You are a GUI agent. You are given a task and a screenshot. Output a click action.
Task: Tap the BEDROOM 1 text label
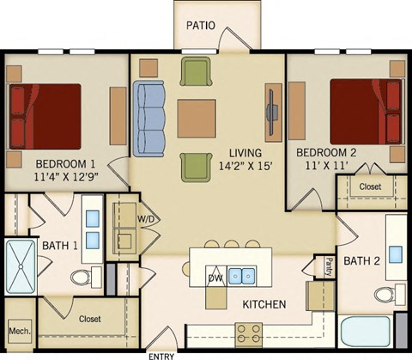click(x=65, y=162)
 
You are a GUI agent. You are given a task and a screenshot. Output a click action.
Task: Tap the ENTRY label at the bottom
click(x=162, y=355)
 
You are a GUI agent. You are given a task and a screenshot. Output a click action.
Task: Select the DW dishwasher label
click(x=216, y=278)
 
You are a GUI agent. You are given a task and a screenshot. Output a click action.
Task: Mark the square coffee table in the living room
click(x=197, y=116)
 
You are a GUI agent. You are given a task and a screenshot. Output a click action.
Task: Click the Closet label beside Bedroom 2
click(x=370, y=186)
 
